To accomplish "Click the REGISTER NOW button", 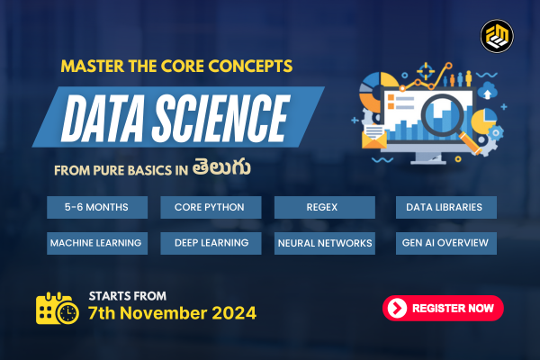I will pos(443,308).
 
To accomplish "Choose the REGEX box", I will pos(324,208).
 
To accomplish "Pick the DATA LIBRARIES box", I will pos(445,208).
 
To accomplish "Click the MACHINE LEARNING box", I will pos(97,243).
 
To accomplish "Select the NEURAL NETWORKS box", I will pos(324,243).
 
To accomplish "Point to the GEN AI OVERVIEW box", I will pos(445,243).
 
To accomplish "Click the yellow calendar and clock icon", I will pos(56,309).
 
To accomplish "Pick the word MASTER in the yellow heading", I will pos(96,66).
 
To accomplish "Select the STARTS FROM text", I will pos(125,295).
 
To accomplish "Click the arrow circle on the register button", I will pos(397,308).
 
